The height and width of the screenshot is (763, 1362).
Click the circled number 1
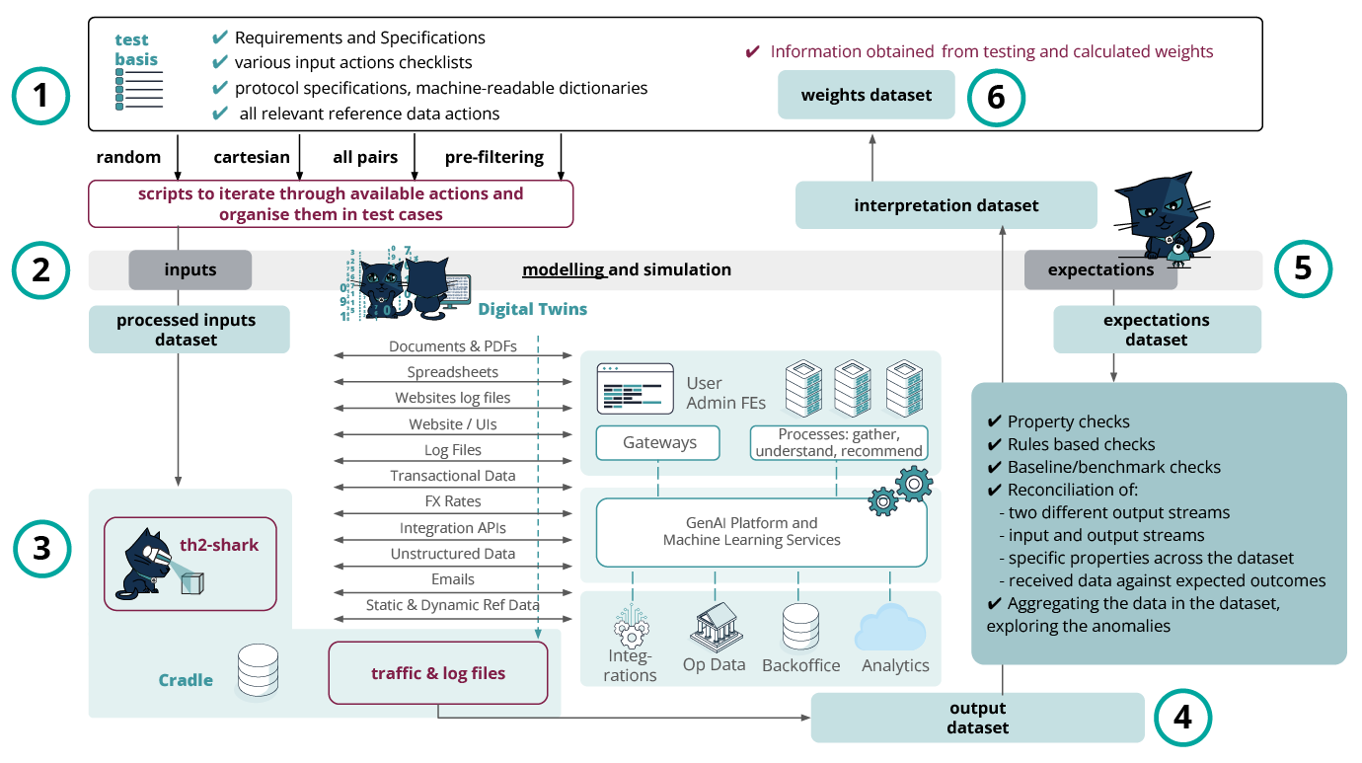(40, 98)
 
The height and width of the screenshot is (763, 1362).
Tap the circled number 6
(996, 99)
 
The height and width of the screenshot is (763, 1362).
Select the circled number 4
(1181, 718)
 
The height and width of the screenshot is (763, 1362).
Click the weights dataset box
(866, 95)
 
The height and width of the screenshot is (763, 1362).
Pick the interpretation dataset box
(946, 205)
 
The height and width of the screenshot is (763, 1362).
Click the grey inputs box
(189, 269)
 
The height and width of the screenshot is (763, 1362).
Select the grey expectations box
(1100, 269)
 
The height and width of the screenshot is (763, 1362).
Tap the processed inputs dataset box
(189, 330)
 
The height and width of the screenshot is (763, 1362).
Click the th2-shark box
(190, 563)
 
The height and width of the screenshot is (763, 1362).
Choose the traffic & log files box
(437, 673)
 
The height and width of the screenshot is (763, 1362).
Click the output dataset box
(977, 718)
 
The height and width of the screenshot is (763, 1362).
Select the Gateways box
(658, 442)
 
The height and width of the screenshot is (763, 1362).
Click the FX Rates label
(452, 501)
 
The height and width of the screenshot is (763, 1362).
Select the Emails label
(452, 579)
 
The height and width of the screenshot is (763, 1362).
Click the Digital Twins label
(532, 309)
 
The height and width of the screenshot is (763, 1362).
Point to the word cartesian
(252, 157)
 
